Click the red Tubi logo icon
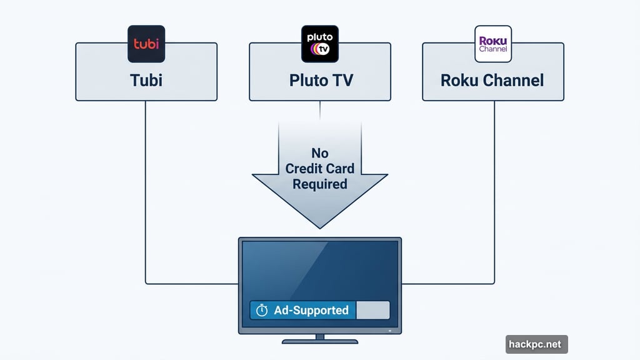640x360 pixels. point(146,44)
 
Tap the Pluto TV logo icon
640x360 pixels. point(319,44)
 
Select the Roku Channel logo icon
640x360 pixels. point(493,44)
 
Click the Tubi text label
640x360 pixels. point(146,80)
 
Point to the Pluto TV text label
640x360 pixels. point(319,81)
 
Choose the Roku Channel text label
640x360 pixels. point(492,80)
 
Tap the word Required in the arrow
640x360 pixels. point(319,184)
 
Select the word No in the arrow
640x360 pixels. point(319,153)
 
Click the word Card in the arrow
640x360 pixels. point(340,169)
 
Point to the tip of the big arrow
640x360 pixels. point(319,226)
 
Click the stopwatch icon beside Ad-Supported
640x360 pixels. point(262,310)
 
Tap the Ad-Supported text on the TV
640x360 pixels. point(311,310)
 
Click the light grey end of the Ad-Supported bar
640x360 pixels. point(372,310)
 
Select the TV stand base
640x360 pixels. point(319,341)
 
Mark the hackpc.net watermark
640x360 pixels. point(536,344)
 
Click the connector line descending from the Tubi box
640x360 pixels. point(146,187)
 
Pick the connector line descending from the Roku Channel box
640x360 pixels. point(494,187)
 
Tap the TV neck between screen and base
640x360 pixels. point(319,336)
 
